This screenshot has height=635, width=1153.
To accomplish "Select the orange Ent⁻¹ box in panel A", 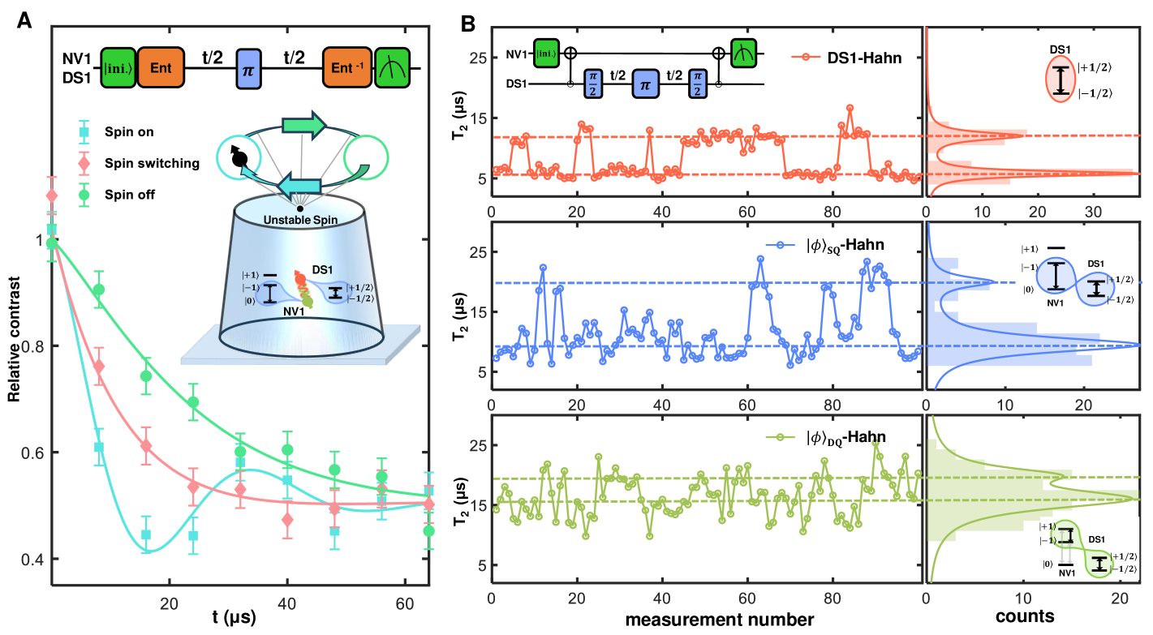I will pyautogui.click(x=346, y=62).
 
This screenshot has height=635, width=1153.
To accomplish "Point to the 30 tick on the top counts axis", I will pyautogui.click(x=1093, y=212).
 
